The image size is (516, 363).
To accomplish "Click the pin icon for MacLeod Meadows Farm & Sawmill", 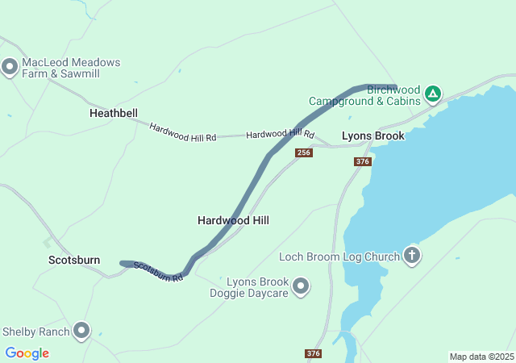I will point(10,68).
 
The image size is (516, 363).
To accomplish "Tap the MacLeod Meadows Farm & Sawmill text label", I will point(71,68).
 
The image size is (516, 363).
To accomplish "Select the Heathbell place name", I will point(114,114).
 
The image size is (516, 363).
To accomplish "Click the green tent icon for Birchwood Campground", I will point(433,94).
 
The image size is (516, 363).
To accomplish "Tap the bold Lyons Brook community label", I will point(373,136).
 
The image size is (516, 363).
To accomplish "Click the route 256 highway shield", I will point(304,152).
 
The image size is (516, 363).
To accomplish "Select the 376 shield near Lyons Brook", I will point(362,161).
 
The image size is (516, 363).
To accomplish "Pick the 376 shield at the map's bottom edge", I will point(314,353).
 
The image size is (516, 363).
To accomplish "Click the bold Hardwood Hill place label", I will point(233,220).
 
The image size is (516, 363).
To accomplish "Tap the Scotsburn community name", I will point(74,260).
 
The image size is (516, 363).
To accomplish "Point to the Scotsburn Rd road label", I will point(158,272).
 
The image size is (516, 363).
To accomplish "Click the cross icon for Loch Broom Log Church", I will point(412,257).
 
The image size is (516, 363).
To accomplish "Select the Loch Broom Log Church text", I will point(339,257).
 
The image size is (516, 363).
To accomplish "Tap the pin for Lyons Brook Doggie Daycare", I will point(301,286).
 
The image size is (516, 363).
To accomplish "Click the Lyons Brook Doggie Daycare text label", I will point(256,287).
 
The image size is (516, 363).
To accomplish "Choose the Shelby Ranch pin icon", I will point(81,331).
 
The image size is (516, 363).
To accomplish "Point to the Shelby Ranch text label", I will point(36,332).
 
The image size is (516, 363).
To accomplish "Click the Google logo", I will point(27,353).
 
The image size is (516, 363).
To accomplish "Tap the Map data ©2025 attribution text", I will point(481,357).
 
